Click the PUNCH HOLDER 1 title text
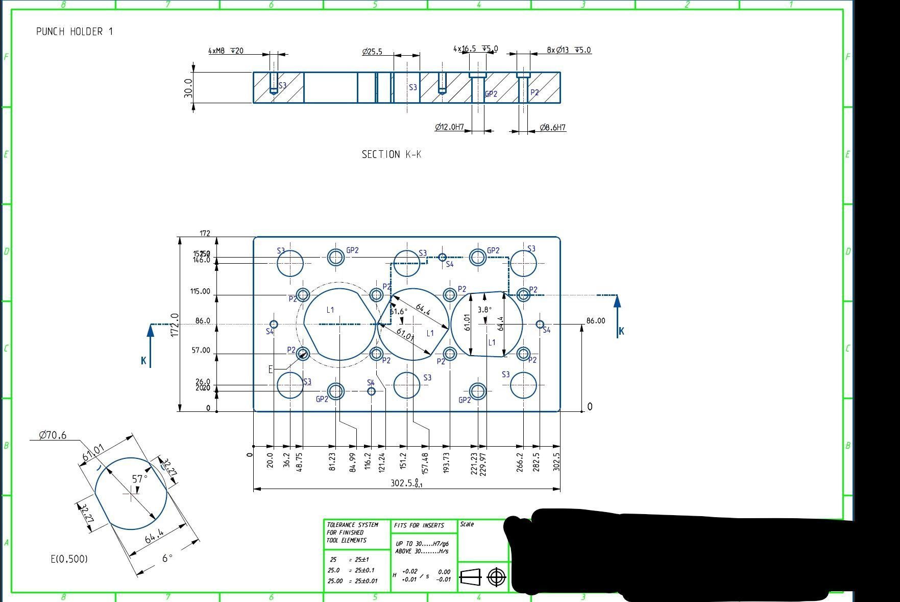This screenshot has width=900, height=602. [75, 32]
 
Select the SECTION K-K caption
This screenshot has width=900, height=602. [391, 154]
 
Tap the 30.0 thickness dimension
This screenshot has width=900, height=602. [188, 88]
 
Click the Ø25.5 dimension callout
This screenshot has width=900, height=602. [372, 52]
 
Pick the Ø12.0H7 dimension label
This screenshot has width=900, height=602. [449, 127]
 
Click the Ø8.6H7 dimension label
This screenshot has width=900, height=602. [553, 127]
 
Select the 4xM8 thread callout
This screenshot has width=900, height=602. [226, 51]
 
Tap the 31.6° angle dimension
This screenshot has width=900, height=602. [399, 311]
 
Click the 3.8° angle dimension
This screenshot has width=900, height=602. [484, 310]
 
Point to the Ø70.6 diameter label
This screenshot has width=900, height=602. [53, 435]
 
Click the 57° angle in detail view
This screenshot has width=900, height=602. [139, 479]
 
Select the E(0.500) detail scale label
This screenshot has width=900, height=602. [69, 559]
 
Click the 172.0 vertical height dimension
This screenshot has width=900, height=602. [175, 325]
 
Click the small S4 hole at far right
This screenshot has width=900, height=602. [540, 324]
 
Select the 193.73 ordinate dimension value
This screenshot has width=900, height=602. [446, 462]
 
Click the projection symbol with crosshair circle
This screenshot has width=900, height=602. [496, 577]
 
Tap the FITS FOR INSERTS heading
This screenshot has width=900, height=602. [419, 525]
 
